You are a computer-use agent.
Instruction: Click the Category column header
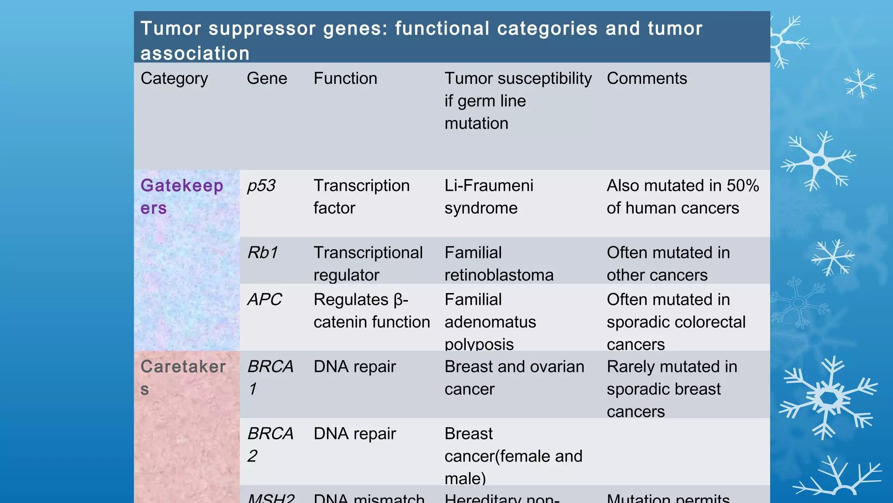(174, 79)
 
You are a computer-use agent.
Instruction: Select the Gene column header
(267, 79)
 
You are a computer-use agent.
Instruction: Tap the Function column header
(345, 79)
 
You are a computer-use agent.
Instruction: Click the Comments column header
(647, 79)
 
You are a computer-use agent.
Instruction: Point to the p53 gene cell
(261, 186)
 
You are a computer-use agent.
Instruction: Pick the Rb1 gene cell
(262, 253)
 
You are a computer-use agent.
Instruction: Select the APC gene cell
(265, 300)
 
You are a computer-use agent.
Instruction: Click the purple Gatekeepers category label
(182, 196)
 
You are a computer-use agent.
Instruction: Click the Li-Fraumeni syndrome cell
(489, 197)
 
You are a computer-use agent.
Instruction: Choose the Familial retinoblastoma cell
(499, 264)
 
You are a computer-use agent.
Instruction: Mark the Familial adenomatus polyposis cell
(490, 322)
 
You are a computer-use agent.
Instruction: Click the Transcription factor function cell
(361, 197)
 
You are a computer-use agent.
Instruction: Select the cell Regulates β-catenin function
(372, 311)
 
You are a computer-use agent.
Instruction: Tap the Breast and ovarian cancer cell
(514, 378)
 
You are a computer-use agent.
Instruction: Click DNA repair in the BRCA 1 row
(354, 367)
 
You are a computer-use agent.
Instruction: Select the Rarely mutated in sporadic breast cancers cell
(671, 389)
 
